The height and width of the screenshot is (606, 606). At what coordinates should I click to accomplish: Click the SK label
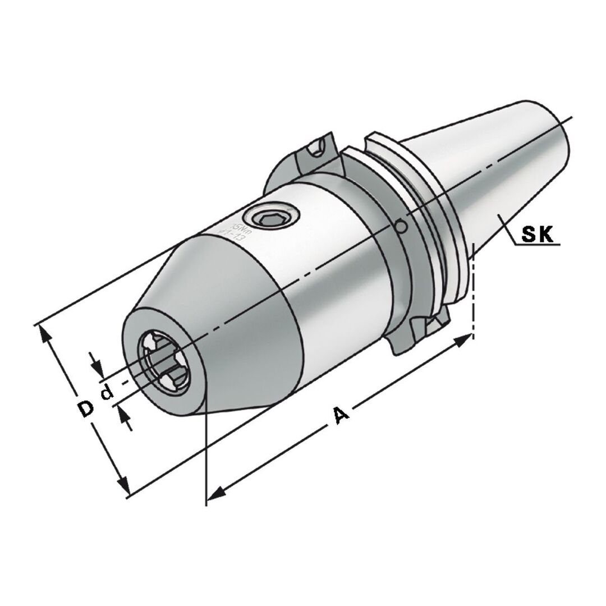click(x=538, y=235)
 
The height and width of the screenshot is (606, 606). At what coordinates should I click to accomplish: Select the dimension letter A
click(x=341, y=416)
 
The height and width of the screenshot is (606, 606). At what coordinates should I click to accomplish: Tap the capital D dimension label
click(x=85, y=409)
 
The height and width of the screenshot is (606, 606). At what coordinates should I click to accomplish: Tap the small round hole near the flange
click(x=400, y=227)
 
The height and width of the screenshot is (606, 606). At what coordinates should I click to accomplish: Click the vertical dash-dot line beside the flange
click(x=474, y=292)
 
